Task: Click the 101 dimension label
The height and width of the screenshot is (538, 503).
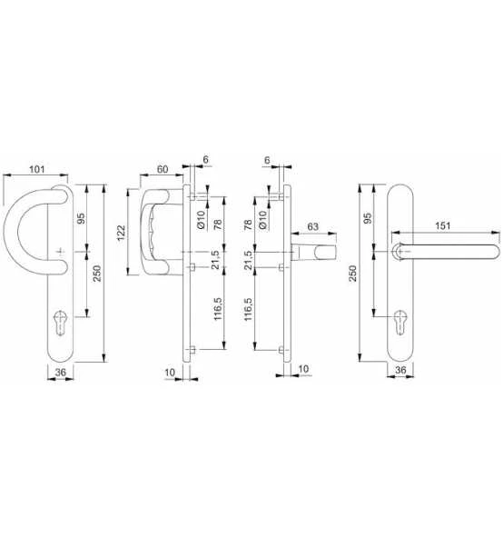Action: click(x=37, y=167)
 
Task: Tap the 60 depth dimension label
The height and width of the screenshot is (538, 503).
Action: click(x=163, y=167)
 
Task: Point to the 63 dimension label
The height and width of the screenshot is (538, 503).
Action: click(x=311, y=225)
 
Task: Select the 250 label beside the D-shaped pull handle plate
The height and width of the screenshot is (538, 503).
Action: click(x=93, y=274)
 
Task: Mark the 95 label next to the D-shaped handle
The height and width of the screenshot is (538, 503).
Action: click(x=81, y=219)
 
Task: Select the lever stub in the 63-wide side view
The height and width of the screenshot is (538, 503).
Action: click(x=317, y=250)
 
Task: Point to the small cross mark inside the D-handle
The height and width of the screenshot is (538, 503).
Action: click(x=59, y=250)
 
